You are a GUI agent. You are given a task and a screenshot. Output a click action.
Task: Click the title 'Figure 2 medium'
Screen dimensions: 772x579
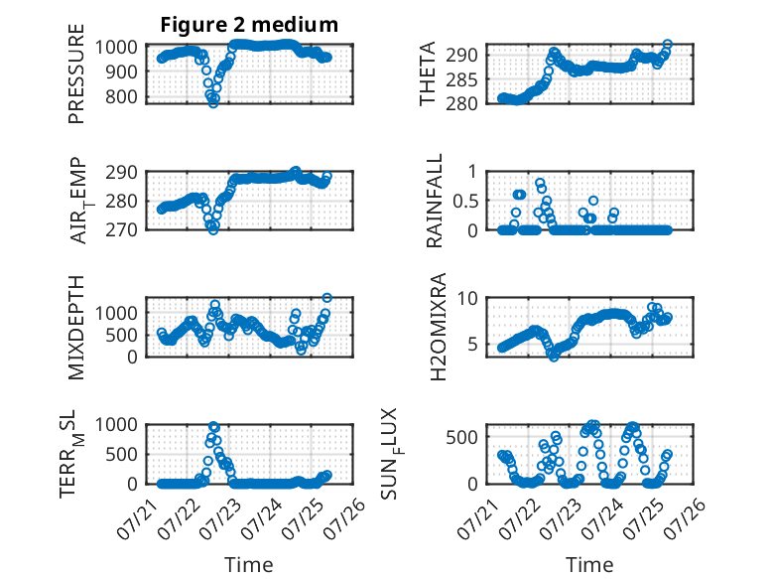[249, 25]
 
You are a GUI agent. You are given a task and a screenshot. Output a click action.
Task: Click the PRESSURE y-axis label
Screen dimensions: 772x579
[76, 73]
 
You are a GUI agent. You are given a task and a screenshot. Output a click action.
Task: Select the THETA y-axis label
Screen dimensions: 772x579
[428, 73]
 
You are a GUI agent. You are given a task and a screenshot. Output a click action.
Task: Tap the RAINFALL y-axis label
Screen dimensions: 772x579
[435, 200]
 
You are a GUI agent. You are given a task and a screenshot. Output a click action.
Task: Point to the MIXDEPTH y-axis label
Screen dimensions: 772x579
[76, 327]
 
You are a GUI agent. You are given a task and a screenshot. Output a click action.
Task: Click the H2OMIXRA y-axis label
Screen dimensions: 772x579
[438, 327]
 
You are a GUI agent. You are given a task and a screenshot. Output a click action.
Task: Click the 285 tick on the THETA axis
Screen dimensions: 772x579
[462, 79]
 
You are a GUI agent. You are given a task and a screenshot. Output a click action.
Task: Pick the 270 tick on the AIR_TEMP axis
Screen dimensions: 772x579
[122, 229]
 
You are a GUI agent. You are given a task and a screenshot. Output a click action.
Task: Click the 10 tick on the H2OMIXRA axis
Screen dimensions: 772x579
[467, 298]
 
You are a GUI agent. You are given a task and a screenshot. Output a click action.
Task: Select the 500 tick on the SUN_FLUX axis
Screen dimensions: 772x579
[462, 437]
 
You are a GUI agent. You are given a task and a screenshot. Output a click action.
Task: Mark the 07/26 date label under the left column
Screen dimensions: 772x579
[348, 517]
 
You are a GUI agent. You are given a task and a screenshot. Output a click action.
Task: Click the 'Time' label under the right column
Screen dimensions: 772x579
[589, 565]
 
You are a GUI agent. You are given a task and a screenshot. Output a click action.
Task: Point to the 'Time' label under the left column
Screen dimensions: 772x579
[249, 565]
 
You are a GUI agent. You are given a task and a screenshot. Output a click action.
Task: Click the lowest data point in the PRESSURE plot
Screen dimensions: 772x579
[213, 103]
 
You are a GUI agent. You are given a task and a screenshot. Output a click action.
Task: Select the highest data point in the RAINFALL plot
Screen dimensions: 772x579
[540, 183]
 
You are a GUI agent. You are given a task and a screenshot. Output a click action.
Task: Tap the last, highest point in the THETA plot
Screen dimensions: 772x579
[668, 45]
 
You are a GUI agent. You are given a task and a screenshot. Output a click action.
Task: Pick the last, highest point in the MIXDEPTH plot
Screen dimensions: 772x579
[326, 298]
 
